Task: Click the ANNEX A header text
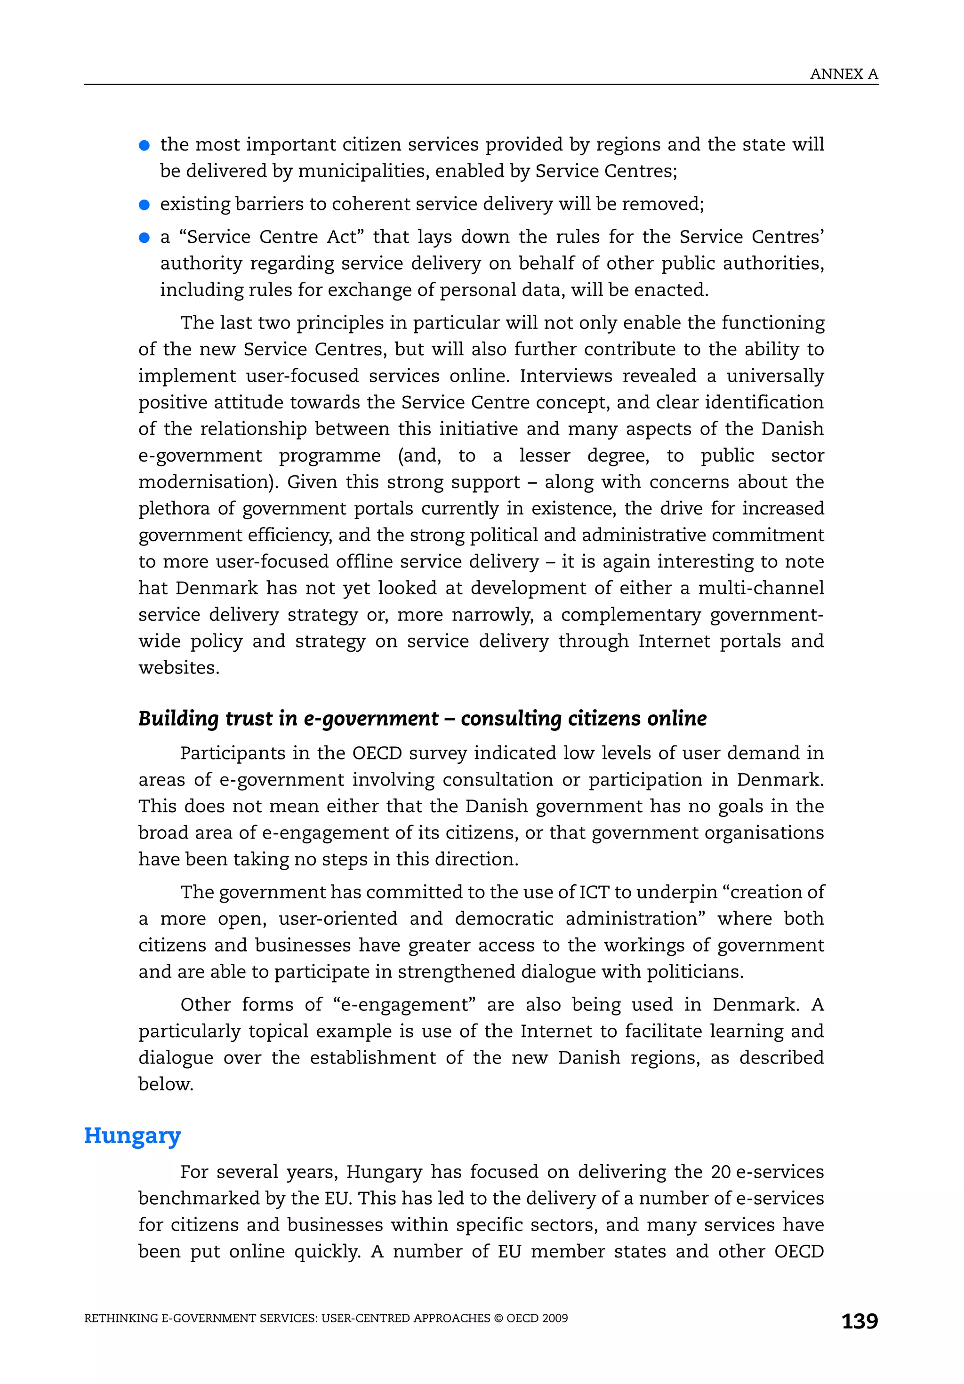pos(843,74)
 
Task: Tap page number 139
pos(859,1321)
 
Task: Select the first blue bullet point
pos(144,145)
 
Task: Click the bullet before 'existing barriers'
pos(144,205)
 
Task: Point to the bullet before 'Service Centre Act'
pos(144,238)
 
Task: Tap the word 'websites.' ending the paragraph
pos(178,667)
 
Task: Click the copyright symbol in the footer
pos(498,1318)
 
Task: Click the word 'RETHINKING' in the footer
pos(120,1318)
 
